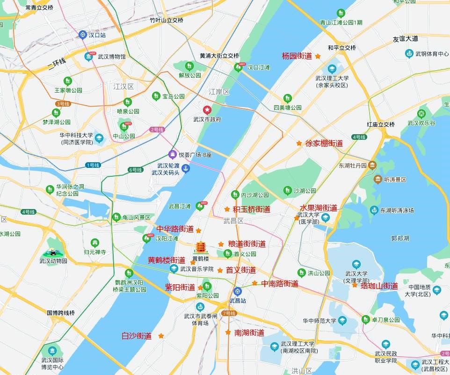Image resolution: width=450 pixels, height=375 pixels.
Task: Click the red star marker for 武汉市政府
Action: [207, 110]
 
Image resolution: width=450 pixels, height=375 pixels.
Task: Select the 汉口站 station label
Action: [97, 35]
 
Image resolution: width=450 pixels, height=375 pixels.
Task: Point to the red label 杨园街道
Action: [297, 56]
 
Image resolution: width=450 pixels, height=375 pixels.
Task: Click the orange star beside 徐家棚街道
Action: [299, 143]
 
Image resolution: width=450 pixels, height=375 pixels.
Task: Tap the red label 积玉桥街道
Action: [252, 209]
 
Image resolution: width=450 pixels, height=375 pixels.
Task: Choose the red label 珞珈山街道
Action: [379, 286]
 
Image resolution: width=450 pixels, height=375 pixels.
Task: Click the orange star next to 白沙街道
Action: [161, 336]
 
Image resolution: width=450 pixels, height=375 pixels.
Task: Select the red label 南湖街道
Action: [249, 333]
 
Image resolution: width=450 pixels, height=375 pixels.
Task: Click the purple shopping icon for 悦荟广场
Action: [172, 154]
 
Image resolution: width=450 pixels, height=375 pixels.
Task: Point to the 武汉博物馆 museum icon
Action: [89, 57]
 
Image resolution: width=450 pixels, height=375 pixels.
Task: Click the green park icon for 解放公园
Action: [189, 66]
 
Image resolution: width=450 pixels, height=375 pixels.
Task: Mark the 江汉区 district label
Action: [123, 87]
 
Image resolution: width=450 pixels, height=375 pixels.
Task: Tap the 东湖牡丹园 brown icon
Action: [372, 165]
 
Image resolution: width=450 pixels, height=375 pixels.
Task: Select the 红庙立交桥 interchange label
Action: [381, 124]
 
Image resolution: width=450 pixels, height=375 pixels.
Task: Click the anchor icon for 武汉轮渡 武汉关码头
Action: [186, 169]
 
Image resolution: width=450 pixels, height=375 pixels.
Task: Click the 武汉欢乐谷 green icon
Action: [421, 114]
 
